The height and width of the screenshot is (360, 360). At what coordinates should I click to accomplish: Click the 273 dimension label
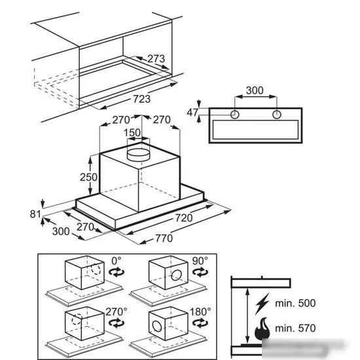(156, 59)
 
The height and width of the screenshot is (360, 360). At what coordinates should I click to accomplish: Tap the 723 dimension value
(142, 99)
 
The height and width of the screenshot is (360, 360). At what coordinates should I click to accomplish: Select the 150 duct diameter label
(132, 133)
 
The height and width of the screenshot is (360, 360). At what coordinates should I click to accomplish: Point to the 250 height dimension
(88, 177)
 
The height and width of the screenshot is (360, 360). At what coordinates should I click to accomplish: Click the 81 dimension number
(35, 214)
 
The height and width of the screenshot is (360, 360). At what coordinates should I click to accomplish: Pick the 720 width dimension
(184, 218)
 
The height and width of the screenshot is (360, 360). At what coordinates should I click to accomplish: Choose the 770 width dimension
(164, 238)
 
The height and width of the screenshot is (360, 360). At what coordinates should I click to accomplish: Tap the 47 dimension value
(192, 113)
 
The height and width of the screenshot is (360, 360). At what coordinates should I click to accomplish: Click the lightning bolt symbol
(262, 304)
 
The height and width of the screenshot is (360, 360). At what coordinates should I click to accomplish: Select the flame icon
(262, 329)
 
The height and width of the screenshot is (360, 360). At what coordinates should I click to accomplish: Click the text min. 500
(295, 303)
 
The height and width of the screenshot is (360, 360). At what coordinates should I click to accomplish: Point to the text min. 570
(295, 328)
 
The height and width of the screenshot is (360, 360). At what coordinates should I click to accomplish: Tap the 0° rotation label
(116, 261)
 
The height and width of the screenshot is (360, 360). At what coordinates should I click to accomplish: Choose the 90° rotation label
(200, 261)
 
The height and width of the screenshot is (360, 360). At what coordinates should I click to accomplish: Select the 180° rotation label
(200, 312)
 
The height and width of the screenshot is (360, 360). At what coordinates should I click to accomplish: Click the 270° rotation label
(116, 312)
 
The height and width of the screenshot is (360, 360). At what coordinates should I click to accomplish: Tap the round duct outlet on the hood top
(138, 155)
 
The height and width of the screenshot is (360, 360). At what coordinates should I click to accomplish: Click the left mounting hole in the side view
(234, 115)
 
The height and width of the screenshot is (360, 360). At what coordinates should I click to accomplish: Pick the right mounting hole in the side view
(277, 115)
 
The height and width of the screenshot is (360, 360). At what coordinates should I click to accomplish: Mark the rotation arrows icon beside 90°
(200, 272)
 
